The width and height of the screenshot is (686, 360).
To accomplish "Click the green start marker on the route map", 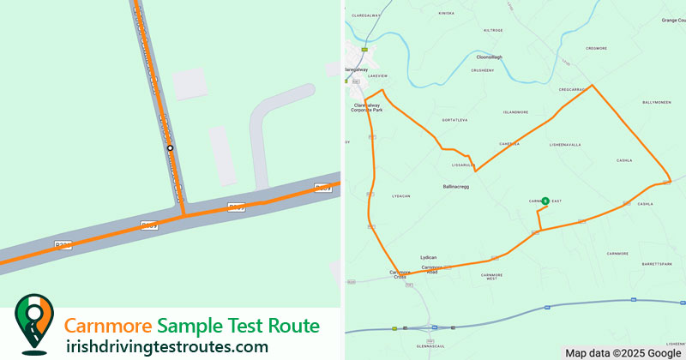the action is pos(545,200).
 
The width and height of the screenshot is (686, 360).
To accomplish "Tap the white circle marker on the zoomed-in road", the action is pos(170,148).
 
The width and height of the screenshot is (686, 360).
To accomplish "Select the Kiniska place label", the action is pos(447,14).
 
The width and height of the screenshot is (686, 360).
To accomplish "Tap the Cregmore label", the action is pos(596,49).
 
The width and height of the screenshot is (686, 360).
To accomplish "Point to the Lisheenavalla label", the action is pos(565,145).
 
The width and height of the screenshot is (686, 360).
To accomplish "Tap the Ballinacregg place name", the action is pos(455,186).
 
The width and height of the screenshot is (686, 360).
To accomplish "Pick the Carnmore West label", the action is pos(491,276).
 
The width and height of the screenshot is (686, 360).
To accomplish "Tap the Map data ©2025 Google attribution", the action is pos(623,353).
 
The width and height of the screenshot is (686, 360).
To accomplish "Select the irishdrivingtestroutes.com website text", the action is pos(166,347).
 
